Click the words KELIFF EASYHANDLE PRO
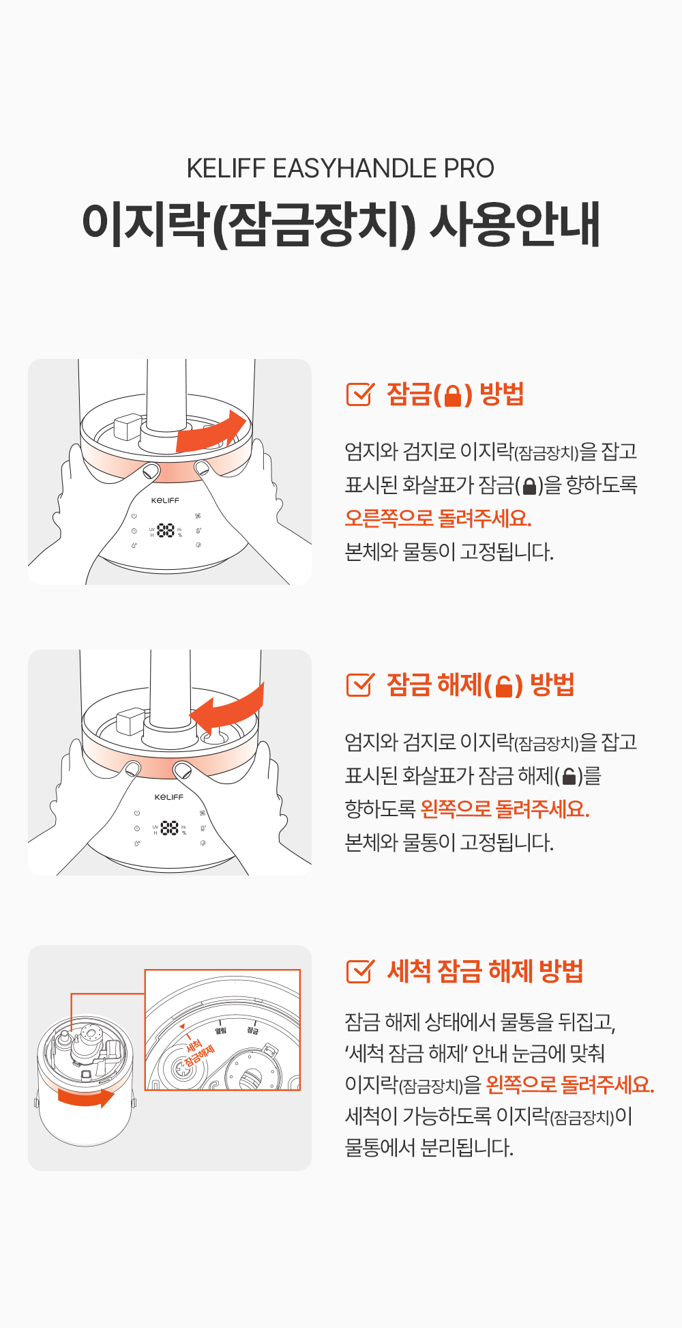pyautogui.click(x=340, y=169)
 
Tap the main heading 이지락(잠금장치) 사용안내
pyautogui.click(x=341, y=225)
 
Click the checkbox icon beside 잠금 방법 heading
pyautogui.click(x=360, y=394)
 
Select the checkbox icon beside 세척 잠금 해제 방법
pyautogui.click(x=360, y=971)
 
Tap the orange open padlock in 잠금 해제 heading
pyautogui.click(x=504, y=686)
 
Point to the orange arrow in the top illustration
pyautogui.click(x=211, y=431)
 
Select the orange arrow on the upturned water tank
pyautogui.click(x=86, y=1097)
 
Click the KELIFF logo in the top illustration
pyautogui.click(x=166, y=500)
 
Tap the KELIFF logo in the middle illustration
pyautogui.click(x=169, y=797)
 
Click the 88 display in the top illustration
pyautogui.click(x=166, y=530)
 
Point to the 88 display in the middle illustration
pyautogui.click(x=169, y=828)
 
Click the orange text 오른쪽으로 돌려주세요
pyautogui.click(x=438, y=518)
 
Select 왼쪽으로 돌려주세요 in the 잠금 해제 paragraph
pyautogui.click(x=505, y=809)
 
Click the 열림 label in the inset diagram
pyautogui.click(x=221, y=1030)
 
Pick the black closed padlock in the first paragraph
pyautogui.click(x=529, y=486)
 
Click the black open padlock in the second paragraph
pyautogui.click(x=569, y=776)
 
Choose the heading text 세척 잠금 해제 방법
pyautogui.click(x=485, y=971)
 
